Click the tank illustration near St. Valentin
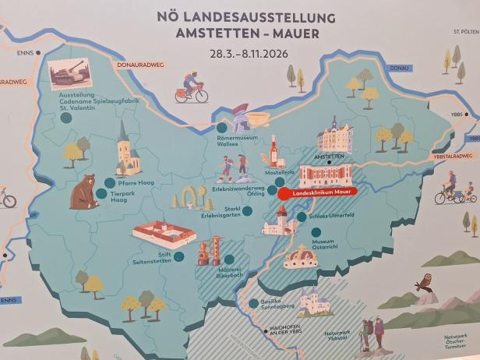coord(69,73)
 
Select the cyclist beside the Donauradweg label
coord(192,87)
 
